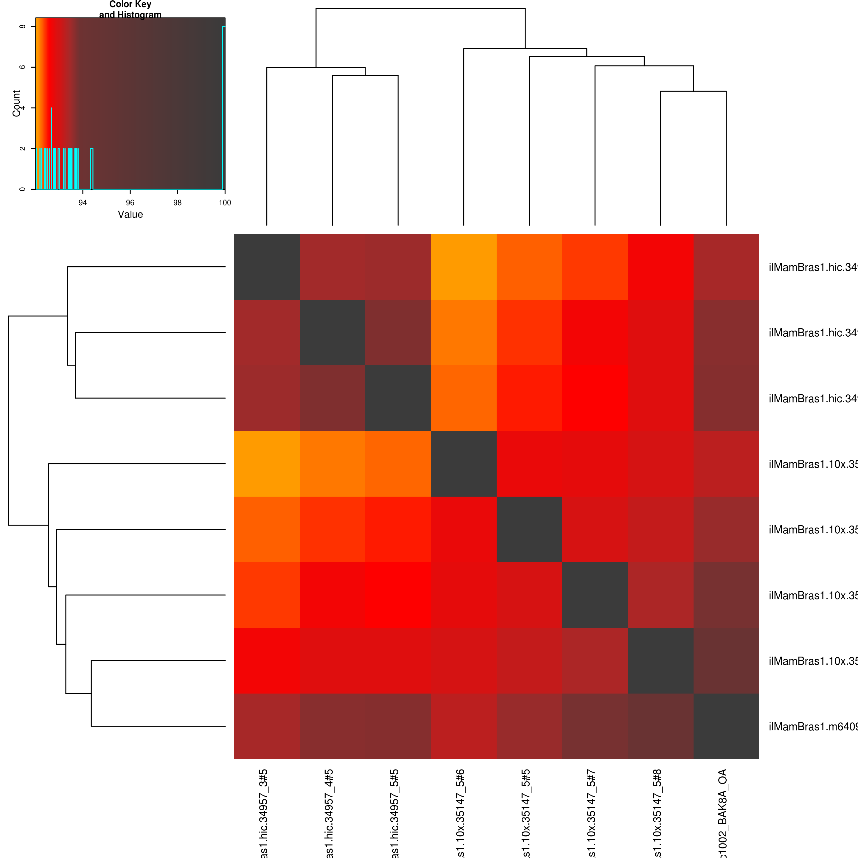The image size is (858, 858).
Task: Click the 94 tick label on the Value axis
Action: (83, 203)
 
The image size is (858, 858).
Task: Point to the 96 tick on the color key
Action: (130, 203)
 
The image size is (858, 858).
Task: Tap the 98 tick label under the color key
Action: (177, 203)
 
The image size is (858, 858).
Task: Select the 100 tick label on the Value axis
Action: (225, 203)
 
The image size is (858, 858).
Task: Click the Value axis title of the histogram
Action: (130, 214)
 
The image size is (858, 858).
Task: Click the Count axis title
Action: (16, 103)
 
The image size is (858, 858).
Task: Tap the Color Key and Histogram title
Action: (130, 9)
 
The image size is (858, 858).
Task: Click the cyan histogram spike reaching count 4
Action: (52, 109)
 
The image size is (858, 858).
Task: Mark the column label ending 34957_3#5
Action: (263, 813)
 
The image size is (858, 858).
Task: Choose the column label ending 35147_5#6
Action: (461, 813)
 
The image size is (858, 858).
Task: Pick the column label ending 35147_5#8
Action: (657, 813)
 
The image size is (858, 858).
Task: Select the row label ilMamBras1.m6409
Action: (813, 727)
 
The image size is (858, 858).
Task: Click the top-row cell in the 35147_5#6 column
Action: (464, 266)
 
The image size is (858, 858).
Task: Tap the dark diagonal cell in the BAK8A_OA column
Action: (726, 726)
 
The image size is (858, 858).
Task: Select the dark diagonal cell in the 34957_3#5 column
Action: (266, 266)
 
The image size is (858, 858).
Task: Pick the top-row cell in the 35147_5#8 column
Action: (660, 266)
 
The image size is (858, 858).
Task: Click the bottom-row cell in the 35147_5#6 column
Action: (464, 726)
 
